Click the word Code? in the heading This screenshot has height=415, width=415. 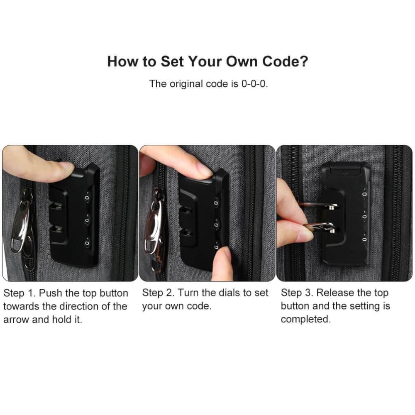tap(285, 61)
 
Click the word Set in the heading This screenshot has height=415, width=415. tap(172, 61)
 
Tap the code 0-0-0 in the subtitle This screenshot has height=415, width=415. tap(253, 84)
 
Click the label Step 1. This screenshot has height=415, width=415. tap(19, 293)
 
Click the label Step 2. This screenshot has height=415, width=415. tap(158, 293)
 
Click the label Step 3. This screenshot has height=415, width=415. tap(297, 293)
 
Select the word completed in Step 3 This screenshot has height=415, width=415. tap(305, 320)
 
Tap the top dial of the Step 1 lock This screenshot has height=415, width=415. tap(87, 198)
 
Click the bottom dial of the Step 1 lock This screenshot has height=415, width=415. tap(87, 243)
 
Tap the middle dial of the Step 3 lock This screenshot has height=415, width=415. tap(365, 217)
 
